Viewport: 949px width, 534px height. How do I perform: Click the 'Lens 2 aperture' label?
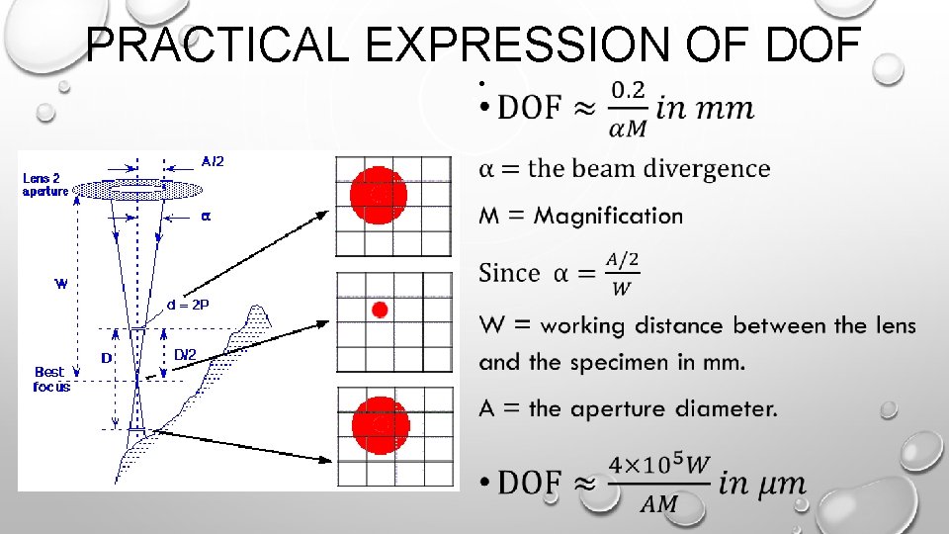pos(45,184)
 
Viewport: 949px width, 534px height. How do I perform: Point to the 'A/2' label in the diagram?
pos(212,161)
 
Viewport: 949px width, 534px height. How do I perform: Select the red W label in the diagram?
pos(60,284)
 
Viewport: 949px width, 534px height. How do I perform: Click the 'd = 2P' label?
pos(188,305)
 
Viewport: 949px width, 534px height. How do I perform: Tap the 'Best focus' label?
pos(50,380)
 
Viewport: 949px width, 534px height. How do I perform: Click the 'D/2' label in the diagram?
pos(185,354)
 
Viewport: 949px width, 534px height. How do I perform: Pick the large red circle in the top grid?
pos(379,196)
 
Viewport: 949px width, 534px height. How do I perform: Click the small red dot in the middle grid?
pos(379,311)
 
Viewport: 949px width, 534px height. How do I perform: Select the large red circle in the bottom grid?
pos(381,423)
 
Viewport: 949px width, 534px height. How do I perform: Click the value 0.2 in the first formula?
pos(628,91)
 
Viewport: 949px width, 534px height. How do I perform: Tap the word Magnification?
pos(609,216)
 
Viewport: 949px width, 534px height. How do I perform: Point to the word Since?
pos(509,273)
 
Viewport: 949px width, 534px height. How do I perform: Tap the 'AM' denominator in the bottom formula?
pos(659,504)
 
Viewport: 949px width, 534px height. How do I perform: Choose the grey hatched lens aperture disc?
pos(136,189)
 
